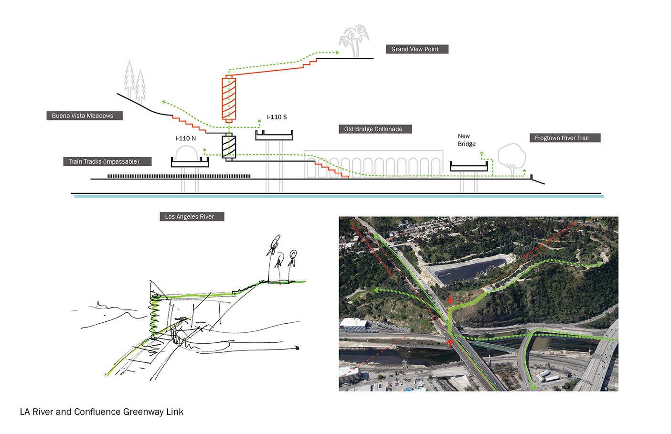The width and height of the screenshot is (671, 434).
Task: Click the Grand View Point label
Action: click(x=416, y=49)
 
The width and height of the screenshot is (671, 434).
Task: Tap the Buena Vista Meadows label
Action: click(x=84, y=116)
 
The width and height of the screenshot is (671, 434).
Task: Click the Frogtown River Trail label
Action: click(x=564, y=138)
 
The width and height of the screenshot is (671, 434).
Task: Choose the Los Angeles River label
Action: click(x=192, y=216)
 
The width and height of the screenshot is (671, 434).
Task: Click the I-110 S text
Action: click(x=277, y=117)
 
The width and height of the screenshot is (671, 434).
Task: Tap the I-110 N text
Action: click(x=185, y=138)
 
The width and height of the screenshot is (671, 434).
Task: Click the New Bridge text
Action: click(x=466, y=140)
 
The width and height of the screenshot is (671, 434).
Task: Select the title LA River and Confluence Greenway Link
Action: click(x=101, y=412)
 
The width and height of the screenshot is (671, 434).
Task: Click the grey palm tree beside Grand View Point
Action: click(x=354, y=41)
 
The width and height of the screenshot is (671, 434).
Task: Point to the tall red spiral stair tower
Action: click(x=229, y=99)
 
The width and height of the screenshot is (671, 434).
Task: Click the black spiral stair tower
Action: click(x=229, y=147)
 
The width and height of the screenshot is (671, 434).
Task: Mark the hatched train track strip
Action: click(x=179, y=176)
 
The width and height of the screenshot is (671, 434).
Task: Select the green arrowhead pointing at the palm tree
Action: click(x=337, y=53)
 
